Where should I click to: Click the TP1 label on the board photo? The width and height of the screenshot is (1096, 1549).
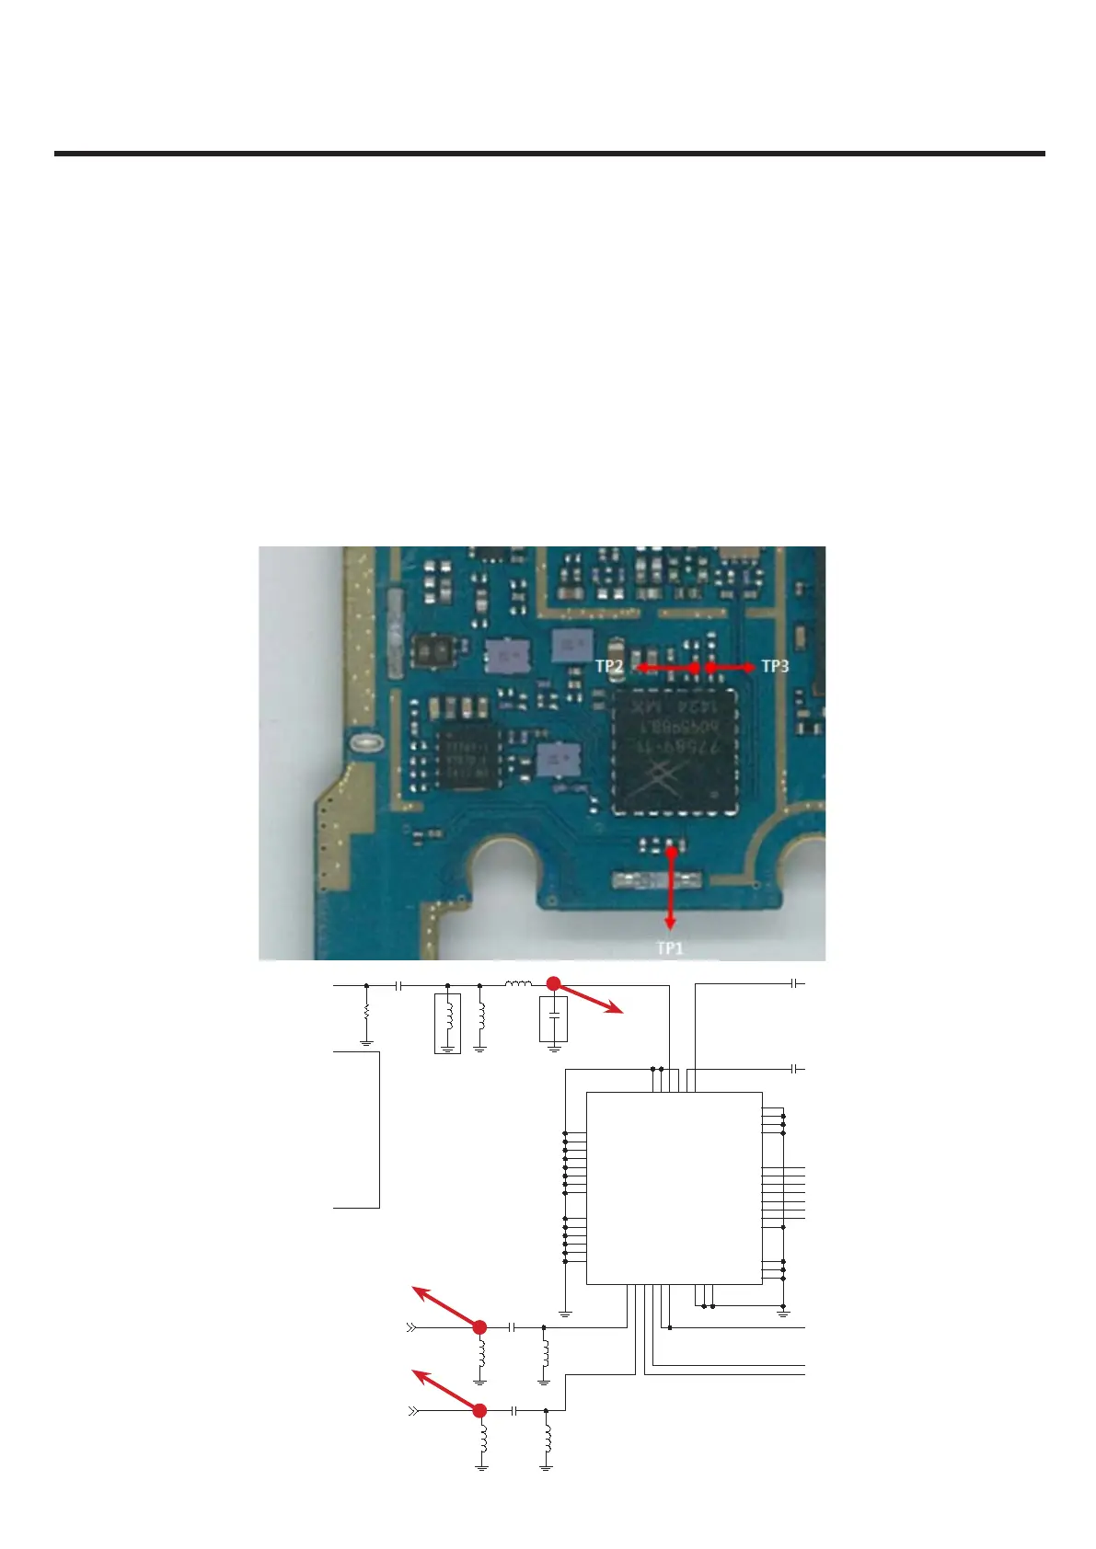click(x=669, y=948)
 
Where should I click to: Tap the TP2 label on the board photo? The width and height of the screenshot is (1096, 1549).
click(x=609, y=666)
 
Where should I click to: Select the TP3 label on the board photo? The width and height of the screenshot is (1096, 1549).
click(x=775, y=666)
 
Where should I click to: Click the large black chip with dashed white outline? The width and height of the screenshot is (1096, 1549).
click(x=676, y=752)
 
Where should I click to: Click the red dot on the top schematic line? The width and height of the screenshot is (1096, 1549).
click(x=554, y=983)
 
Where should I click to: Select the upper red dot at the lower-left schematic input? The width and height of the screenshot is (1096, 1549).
click(x=479, y=1327)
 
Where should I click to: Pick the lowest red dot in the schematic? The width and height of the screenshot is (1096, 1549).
click(x=479, y=1410)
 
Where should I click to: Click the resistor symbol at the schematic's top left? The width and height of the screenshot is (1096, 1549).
click(x=366, y=1011)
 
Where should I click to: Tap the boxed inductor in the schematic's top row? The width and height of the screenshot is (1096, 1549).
click(x=447, y=1021)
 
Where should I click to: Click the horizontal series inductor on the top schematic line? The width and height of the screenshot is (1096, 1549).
click(x=518, y=984)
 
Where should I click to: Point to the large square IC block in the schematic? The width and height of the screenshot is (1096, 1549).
click(x=674, y=1188)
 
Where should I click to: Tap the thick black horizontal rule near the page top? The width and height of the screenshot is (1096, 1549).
click(x=549, y=154)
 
